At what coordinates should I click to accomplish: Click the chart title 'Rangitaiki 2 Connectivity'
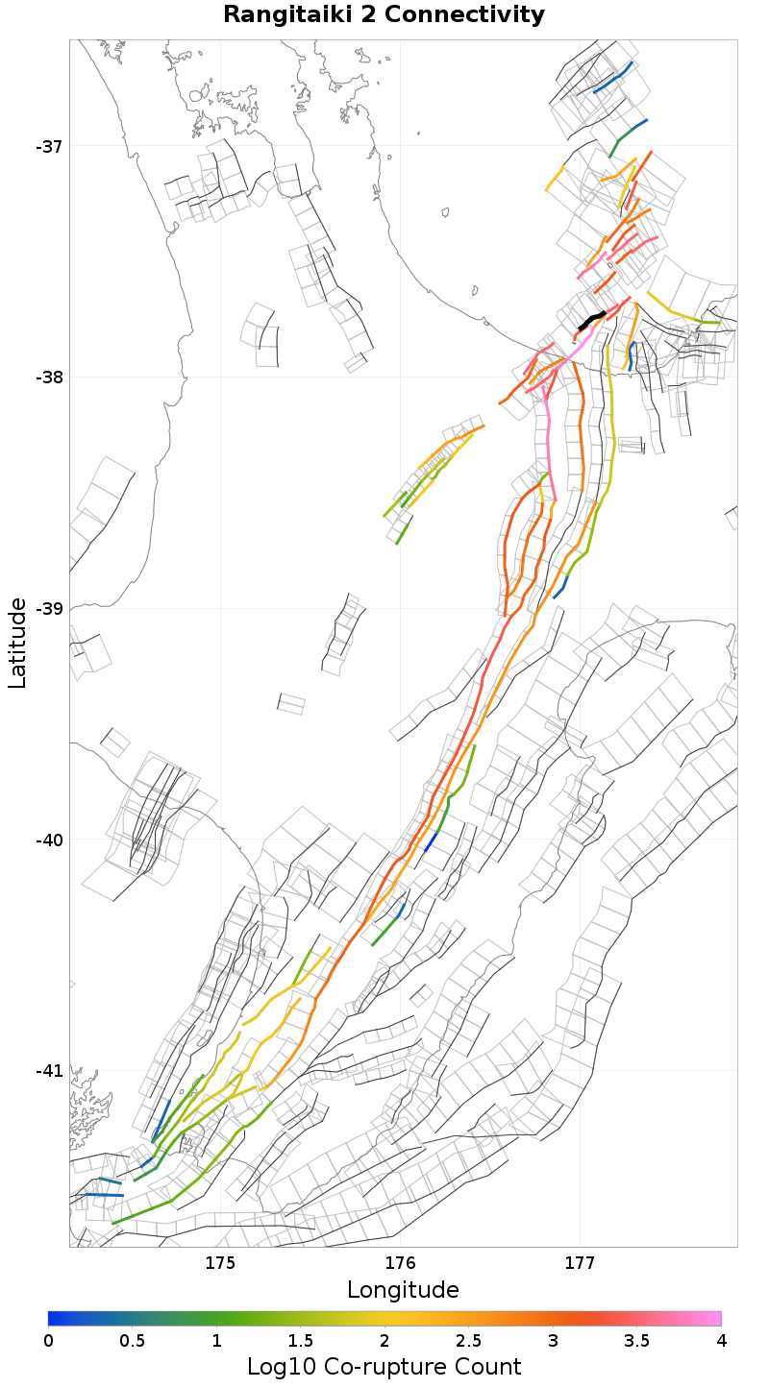point(384,15)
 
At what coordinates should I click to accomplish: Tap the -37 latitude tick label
point(49,147)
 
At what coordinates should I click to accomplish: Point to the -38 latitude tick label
point(49,377)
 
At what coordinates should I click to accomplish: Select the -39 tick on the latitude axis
point(49,609)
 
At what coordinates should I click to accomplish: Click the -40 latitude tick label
point(49,840)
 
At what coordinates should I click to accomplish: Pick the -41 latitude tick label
point(49,1071)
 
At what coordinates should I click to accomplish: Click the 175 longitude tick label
point(221,1263)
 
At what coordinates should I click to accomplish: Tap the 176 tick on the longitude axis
point(400,1263)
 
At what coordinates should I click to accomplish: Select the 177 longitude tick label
point(580,1263)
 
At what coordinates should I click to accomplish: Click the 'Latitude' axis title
point(17,643)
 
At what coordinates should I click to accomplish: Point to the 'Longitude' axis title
point(403,1290)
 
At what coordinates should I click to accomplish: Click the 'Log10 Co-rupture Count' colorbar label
point(384,1367)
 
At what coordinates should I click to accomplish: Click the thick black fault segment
point(591,321)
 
